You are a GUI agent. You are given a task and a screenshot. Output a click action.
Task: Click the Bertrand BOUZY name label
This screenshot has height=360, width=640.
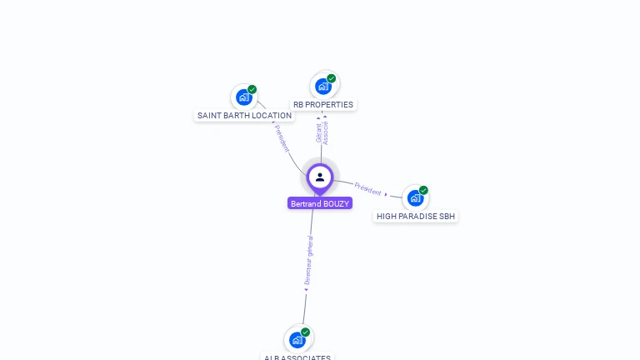[320, 203]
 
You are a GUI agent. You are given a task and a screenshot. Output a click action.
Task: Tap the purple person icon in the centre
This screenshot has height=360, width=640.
[320, 177]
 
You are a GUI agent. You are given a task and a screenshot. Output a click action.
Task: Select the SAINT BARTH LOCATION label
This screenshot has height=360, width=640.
[244, 115]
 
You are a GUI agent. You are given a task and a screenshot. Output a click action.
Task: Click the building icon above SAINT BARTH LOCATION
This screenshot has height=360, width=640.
[243, 97]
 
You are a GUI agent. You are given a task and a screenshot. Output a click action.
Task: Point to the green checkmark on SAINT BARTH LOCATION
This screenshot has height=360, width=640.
[252, 89]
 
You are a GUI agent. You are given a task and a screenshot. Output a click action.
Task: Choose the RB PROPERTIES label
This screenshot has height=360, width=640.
[323, 105]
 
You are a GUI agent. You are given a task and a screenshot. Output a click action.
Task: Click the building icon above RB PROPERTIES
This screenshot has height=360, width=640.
[322, 86]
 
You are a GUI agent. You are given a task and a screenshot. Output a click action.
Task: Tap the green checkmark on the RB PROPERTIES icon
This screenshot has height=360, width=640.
[331, 78]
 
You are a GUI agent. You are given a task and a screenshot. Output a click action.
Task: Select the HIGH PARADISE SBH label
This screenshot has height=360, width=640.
[416, 216]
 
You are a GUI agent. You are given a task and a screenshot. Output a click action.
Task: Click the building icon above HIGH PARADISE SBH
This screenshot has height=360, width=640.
[414, 197]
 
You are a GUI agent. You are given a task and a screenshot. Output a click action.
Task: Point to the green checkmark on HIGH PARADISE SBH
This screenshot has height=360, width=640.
[423, 190]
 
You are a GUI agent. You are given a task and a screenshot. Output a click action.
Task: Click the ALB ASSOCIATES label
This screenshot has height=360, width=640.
[297, 357]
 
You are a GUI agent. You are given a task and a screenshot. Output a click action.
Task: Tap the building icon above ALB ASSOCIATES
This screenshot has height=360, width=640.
[297, 339]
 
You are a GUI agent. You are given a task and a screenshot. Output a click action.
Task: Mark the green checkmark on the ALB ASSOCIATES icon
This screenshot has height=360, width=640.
[305, 332]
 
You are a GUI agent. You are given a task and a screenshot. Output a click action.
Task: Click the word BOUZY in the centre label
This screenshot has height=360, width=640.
[336, 203]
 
